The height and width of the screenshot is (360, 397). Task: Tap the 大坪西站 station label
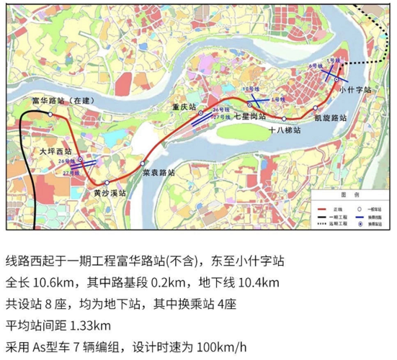55,152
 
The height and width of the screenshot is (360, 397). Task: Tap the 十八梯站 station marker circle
285,119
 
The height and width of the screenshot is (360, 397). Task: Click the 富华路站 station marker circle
50,114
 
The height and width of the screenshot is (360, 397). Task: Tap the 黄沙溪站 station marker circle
107,183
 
